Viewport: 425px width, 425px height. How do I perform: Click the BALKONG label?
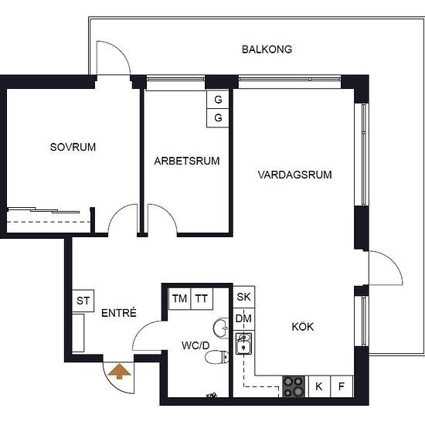point(267,49)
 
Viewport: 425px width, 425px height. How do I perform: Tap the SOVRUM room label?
point(73,147)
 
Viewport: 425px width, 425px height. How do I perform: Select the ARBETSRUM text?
point(187,161)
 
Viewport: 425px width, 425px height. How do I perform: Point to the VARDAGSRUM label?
point(294,175)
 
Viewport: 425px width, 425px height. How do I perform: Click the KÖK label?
point(303,326)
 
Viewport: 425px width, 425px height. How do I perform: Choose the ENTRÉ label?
point(119,313)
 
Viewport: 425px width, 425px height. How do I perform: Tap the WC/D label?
point(195,345)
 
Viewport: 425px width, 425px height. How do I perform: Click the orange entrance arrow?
point(119,372)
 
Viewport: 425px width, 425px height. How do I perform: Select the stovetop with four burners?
point(294,386)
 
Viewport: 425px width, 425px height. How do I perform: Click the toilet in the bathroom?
point(217,357)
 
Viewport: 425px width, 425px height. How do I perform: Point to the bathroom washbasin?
point(221,328)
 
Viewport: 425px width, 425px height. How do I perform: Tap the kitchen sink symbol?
point(243,344)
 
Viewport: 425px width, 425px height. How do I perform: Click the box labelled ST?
point(83,301)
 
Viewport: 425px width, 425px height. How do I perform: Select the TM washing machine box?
point(180,299)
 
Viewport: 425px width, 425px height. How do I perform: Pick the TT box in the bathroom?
point(202,299)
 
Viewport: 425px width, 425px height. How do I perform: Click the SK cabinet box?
point(244,297)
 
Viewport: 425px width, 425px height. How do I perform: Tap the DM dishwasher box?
point(244,318)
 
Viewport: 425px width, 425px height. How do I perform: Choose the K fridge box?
point(319,386)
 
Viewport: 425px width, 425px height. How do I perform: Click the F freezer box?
point(342,386)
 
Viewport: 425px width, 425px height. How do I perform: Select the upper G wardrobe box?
point(218,100)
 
